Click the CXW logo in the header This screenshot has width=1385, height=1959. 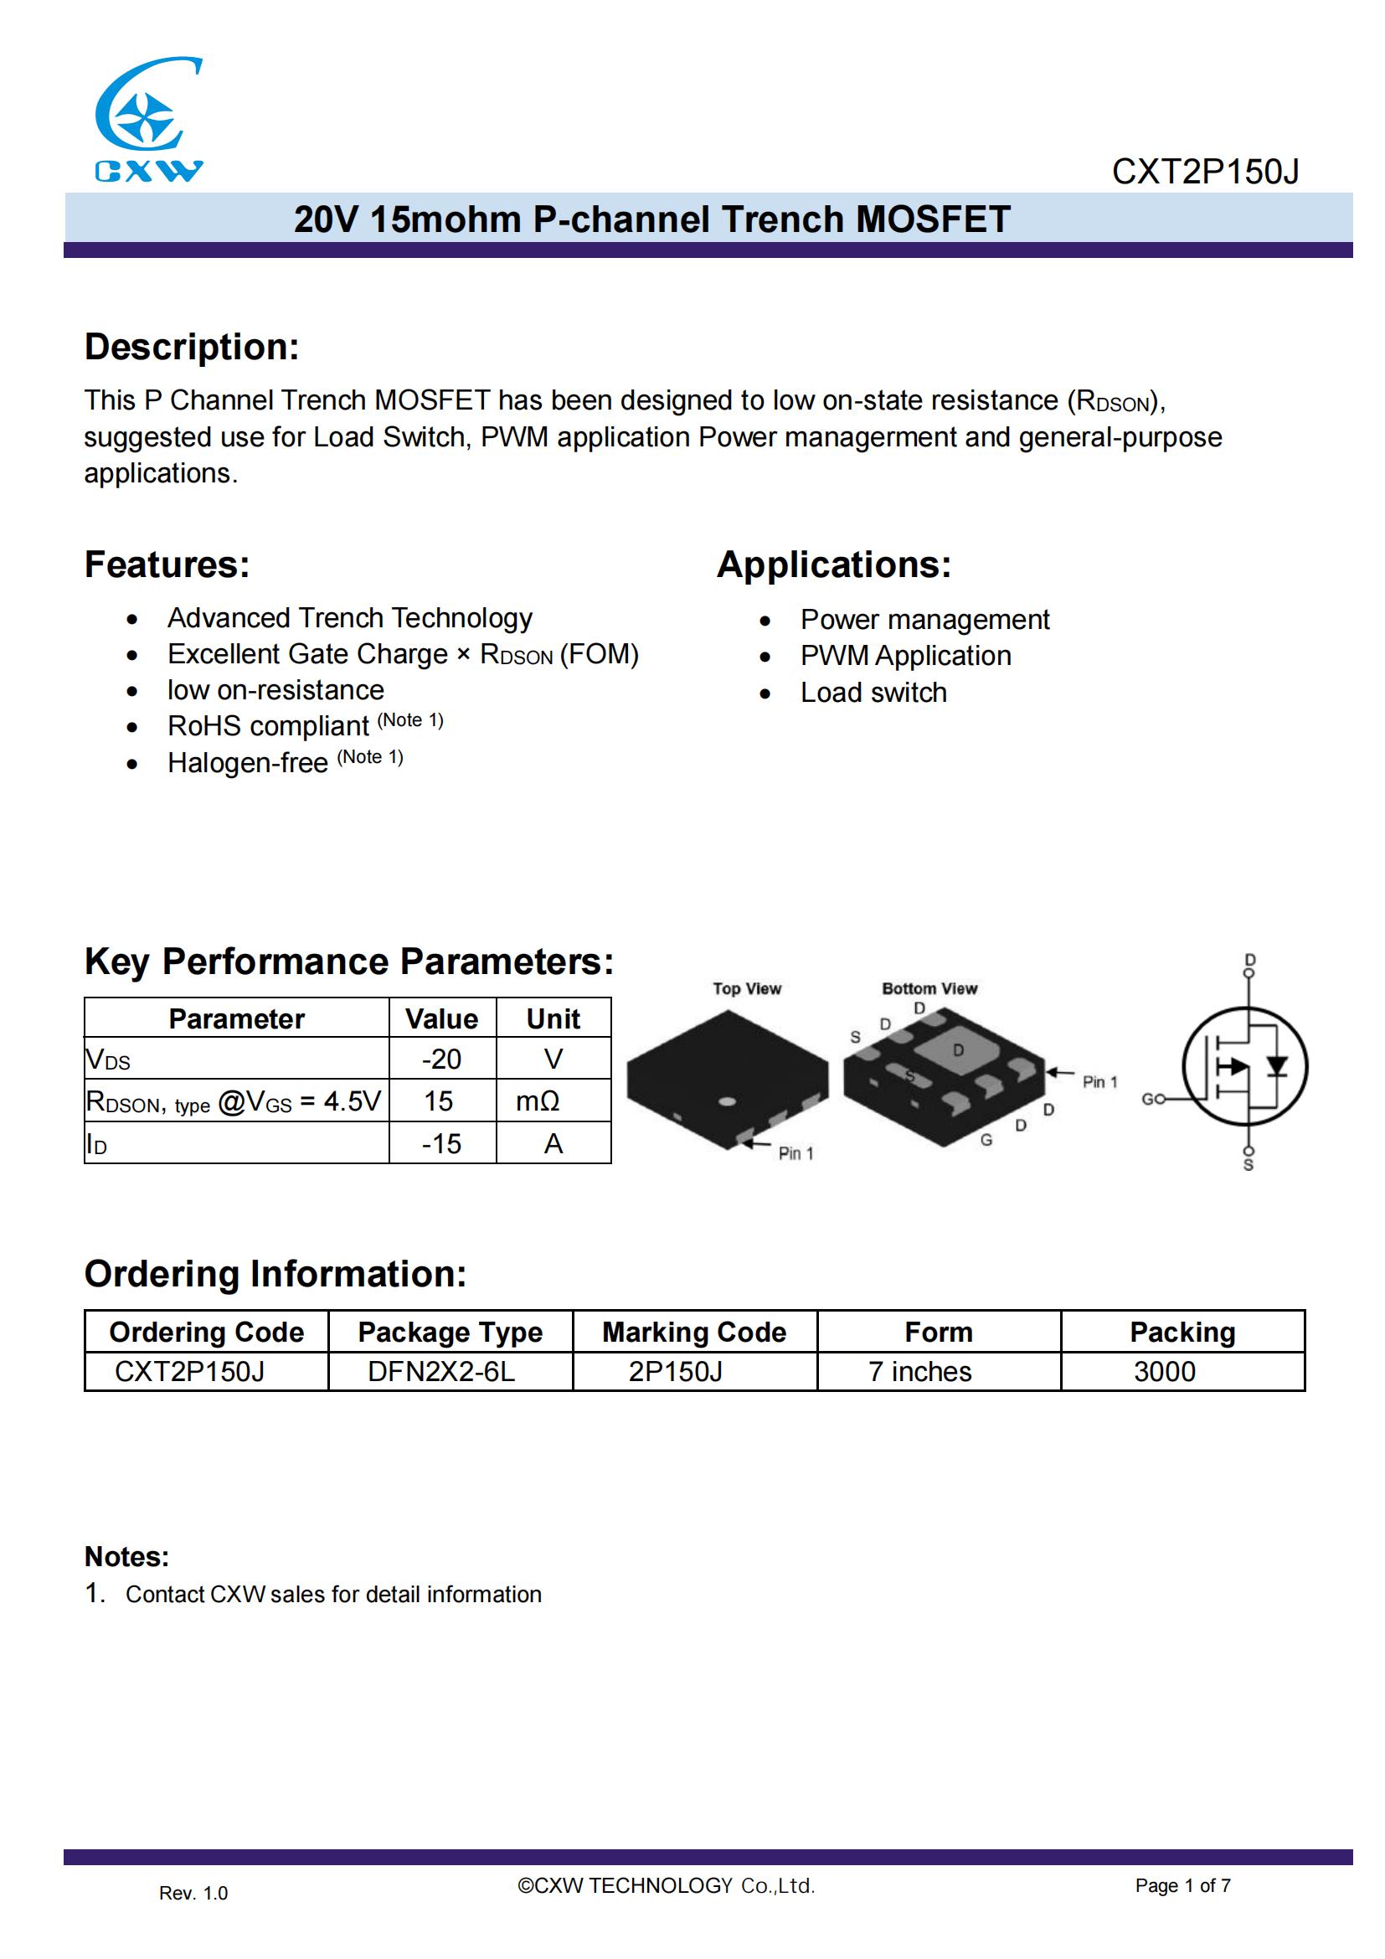click(x=148, y=120)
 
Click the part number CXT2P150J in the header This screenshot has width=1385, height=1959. click(x=1204, y=173)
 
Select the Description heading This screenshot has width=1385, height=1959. click(x=192, y=348)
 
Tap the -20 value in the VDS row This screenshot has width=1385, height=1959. click(x=441, y=1059)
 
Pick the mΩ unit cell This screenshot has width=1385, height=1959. click(x=538, y=1101)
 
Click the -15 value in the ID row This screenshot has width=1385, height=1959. click(x=441, y=1143)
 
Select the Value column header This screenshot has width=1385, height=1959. click(x=441, y=1018)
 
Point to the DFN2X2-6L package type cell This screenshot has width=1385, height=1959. click(x=441, y=1371)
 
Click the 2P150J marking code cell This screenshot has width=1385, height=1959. click(x=676, y=1371)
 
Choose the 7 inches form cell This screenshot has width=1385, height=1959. click(x=919, y=1371)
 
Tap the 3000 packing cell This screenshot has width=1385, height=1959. click(x=1164, y=1371)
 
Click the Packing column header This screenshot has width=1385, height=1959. click(x=1182, y=1332)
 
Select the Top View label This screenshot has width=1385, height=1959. click(x=747, y=988)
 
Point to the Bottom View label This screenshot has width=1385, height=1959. click(x=929, y=988)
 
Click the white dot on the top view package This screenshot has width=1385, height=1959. click(x=728, y=1101)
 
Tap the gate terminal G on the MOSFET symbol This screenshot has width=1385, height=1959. click(x=1148, y=1099)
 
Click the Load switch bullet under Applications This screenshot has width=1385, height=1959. click(x=873, y=693)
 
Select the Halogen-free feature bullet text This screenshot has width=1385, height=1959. click(x=247, y=763)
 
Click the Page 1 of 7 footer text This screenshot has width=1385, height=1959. click(x=1182, y=1885)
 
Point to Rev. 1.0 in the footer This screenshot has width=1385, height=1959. click(x=193, y=1894)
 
